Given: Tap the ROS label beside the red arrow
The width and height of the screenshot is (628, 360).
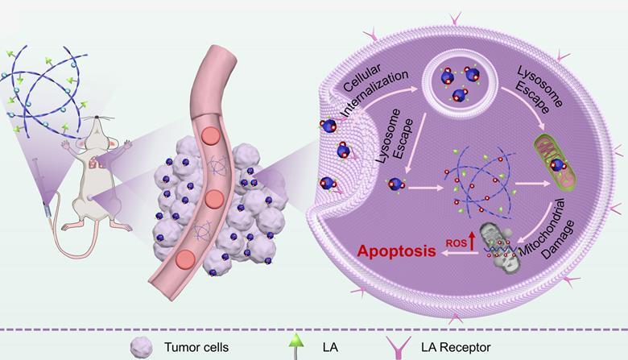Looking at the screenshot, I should point(452,239).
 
